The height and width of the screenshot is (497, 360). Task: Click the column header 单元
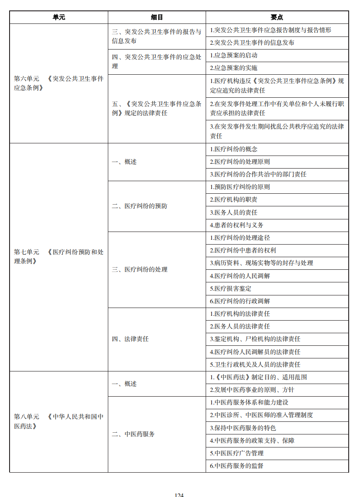point(59,17)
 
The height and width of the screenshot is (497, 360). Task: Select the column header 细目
point(157,17)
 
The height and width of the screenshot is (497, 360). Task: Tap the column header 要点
point(277,17)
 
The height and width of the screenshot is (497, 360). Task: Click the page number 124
point(179,494)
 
